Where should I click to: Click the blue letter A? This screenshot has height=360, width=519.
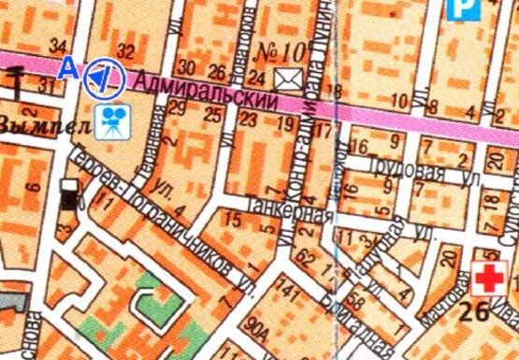(x=66, y=67)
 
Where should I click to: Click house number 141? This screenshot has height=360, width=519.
(x=289, y=296)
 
